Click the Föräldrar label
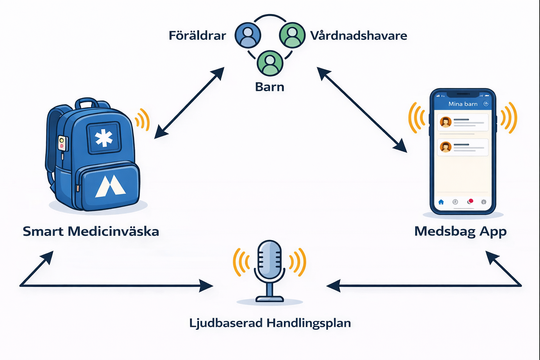click(197, 36)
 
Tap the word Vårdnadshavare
click(359, 36)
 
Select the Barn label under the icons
click(270, 87)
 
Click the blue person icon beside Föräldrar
click(248, 35)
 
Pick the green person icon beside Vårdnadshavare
click(292, 35)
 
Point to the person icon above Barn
click(270, 63)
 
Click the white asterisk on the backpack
click(104, 138)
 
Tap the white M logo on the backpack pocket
click(110, 186)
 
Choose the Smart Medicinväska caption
click(91, 231)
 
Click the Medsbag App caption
click(461, 231)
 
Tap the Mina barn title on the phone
click(463, 104)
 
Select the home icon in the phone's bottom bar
click(441, 202)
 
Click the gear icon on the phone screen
click(484, 202)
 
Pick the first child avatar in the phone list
click(445, 122)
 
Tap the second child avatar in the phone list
click(445, 147)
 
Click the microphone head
click(270, 259)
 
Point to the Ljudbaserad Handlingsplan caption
click(270, 323)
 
